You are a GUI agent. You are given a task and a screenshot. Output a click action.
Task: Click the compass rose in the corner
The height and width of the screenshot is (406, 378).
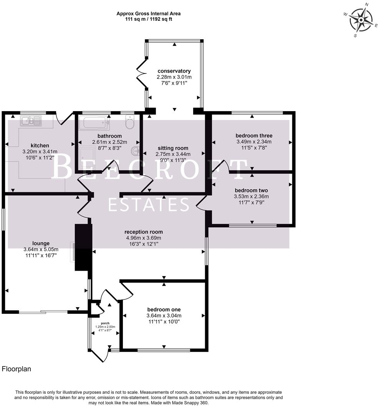(x=361, y=20)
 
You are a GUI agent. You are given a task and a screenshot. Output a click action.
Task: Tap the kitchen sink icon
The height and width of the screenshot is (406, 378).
(x=31, y=121)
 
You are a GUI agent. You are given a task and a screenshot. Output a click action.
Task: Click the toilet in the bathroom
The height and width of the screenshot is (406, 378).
(x=129, y=123)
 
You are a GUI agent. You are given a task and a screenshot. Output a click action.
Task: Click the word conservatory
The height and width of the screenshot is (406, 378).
(x=174, y=71)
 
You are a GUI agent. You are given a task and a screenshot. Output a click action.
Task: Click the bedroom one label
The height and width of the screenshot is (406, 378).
(x=164, y=309)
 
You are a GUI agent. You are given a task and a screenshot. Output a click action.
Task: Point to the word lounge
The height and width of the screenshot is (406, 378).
(x=41, y=243)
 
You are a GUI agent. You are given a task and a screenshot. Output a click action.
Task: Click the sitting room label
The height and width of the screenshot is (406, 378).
(x=173, y=148)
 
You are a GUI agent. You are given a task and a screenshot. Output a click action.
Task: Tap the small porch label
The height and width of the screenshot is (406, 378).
(x=105, y=323)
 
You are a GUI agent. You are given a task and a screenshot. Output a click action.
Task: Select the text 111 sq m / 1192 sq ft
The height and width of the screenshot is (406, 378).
(x=148, y=19)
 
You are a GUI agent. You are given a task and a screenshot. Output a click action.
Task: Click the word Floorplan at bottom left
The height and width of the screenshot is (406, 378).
(x=17, y=369)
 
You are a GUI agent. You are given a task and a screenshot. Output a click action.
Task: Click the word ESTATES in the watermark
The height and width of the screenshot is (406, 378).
(x=148, y=205)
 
